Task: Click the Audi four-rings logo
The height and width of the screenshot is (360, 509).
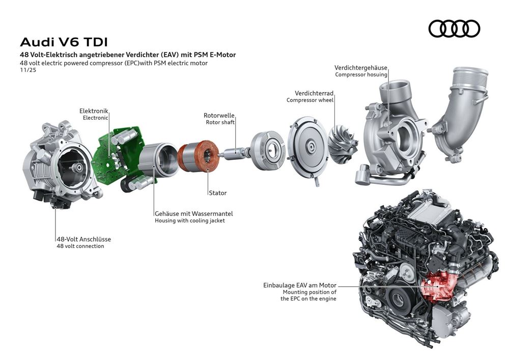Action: [x=454, y=29]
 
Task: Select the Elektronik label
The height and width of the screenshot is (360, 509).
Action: [x=94, y=110]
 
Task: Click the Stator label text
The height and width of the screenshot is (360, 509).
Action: [x=217, y=193]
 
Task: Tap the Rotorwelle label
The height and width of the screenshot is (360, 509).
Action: [x=220, y=116]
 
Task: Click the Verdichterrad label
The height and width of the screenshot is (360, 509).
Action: [x=314, y=94]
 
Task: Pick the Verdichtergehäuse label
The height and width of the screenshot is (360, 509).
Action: [x=361, y=67]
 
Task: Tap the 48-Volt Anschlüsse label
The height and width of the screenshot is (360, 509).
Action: [x=83, y=239]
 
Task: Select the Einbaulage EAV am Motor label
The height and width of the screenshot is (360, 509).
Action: [x=300, y=286]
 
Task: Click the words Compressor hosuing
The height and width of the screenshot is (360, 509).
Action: [x=361, y=74]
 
